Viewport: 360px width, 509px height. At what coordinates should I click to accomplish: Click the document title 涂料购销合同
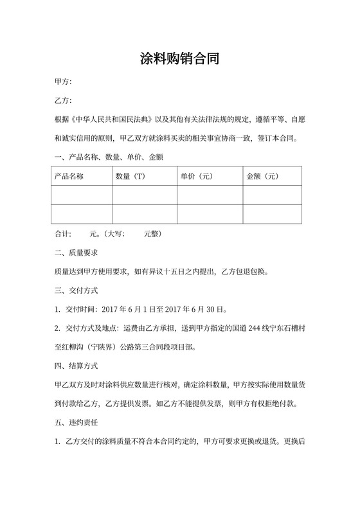180,60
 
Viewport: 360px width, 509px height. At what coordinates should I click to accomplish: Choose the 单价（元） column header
197,176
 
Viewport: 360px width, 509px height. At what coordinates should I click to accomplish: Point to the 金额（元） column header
262,176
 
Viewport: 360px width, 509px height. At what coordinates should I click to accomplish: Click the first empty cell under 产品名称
82,195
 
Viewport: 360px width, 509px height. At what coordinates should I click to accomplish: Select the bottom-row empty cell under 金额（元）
272,213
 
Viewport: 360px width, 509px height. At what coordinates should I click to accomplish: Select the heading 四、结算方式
75,366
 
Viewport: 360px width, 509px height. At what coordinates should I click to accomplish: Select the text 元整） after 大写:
152,234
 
